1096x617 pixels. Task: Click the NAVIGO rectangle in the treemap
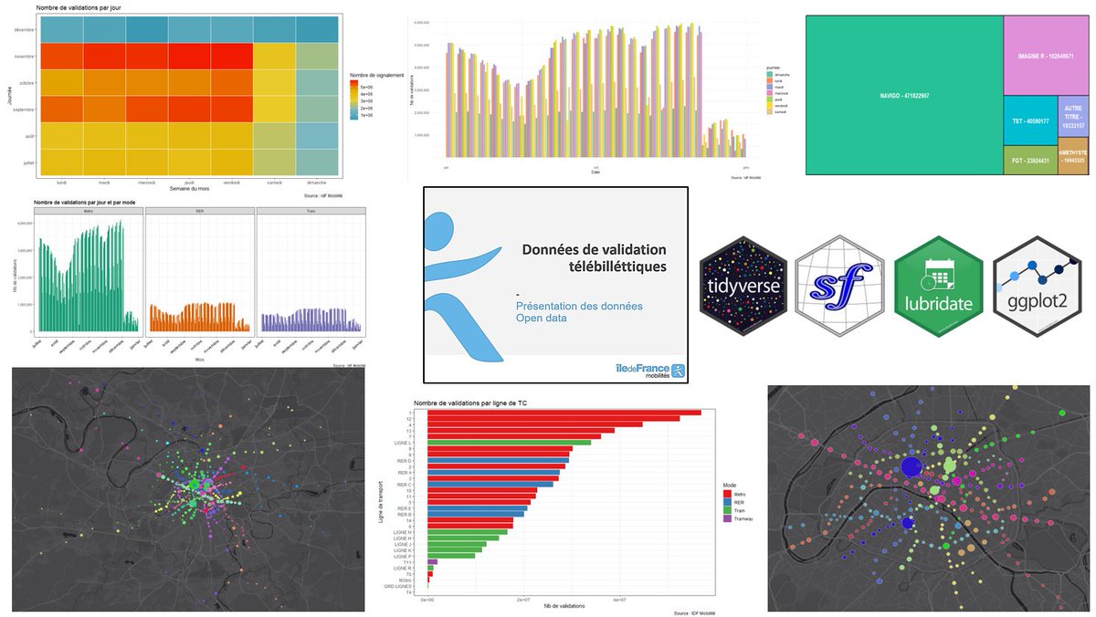click(x=904, y=95)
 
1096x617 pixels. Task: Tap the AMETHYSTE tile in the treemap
click(x=1073, y=160)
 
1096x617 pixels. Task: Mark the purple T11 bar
click(x=432, y=562)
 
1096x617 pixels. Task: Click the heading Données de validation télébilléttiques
click(x=594, y=257)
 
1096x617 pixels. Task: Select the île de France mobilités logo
click(x=650, y=370)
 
